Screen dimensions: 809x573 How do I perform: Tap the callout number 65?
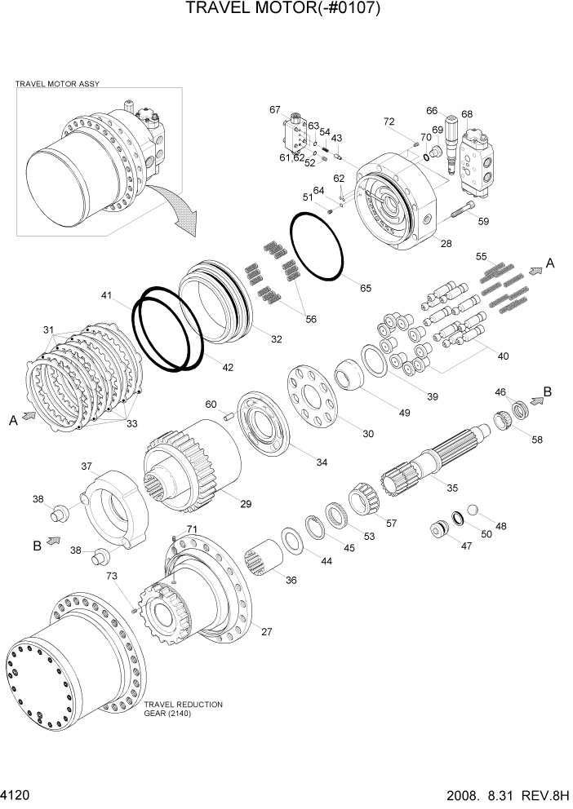(364, 289)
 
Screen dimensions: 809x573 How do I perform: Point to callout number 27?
(265, 630)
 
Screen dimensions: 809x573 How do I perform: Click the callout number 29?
(245, 504)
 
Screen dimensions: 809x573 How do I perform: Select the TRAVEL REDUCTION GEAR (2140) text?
(183, 709)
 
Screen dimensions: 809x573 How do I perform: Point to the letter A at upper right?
(550, 263)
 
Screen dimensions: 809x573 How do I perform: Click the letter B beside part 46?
(548, 391)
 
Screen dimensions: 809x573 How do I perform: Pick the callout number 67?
(275, 109)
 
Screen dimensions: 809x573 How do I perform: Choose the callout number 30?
(368, 434)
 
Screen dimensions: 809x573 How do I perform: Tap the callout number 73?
(112, 577)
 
